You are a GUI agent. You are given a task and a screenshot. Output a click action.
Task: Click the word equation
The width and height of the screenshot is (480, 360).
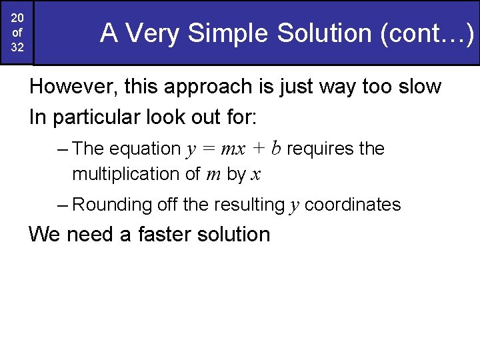pyautogui.click(x=145, y=149)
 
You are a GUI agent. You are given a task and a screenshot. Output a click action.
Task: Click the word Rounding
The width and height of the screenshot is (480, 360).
pyautogui.click(x=112, y=205)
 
